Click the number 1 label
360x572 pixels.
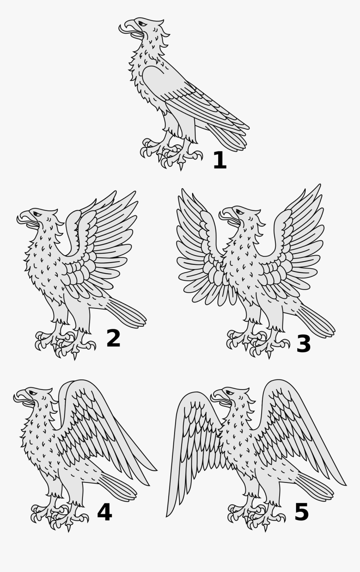coord(220,161)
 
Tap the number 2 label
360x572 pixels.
coord(113,339)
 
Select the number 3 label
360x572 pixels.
coord(303,344)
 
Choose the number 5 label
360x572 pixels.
coord(301,512)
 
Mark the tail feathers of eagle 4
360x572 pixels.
coord(119,487)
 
